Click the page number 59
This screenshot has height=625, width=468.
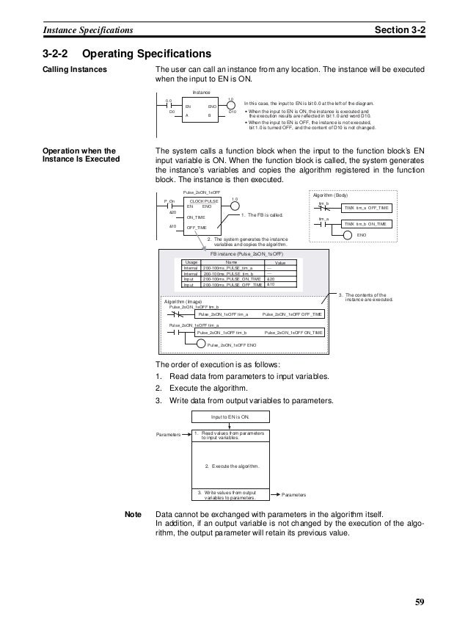[x=419, y=603]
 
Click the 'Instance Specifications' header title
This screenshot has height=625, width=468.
[x=87, y=29]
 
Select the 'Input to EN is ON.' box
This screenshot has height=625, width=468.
[x=231, y=416]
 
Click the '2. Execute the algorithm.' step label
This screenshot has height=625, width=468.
[x=230, y=465]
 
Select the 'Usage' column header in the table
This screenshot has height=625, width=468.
[x=191, y=261]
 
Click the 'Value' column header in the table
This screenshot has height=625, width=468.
[x=279, y=261]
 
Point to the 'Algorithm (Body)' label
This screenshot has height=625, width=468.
[x=332, y=195]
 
